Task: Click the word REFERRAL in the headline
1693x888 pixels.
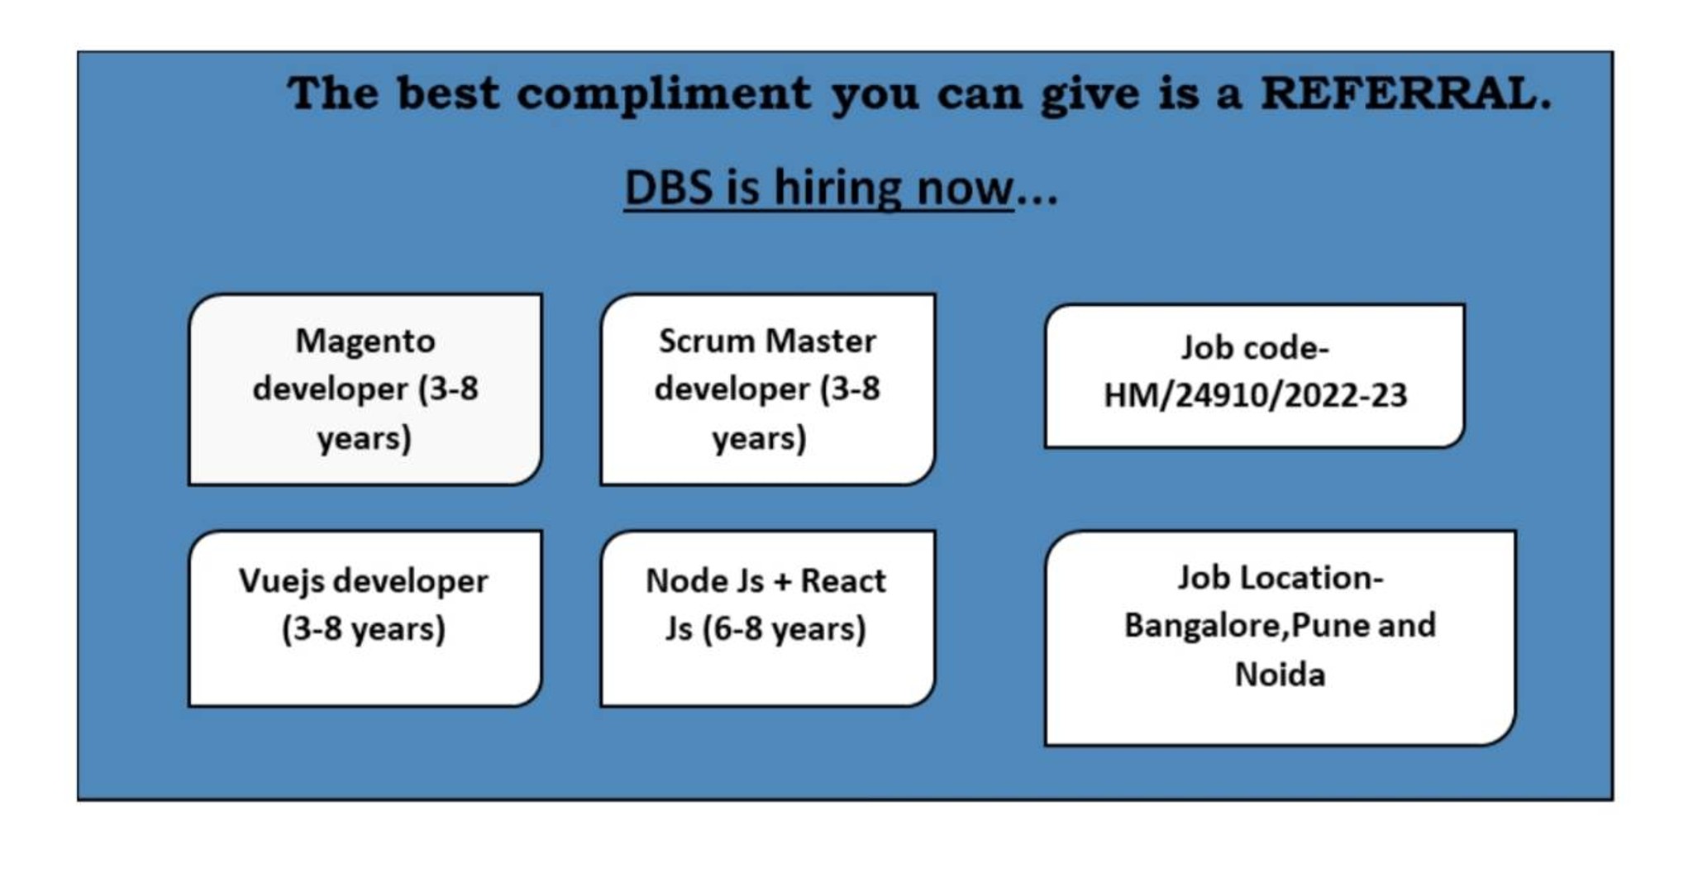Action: pyautogui.click(x=1405, y=93)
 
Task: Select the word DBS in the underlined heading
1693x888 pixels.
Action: pyautogui.click(x=668, y=187)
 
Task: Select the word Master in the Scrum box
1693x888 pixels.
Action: pyautogui.click(x=820, y=341)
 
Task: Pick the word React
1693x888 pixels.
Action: pyautogui.click(x=842, y=580)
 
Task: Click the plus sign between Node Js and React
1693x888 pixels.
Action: pyautogui.click(x=779, y=582)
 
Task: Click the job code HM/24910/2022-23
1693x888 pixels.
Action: pyautogui.click(x=1255, y=395)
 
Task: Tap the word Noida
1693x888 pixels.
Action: pyautogui.click(x=1280, y=675)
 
